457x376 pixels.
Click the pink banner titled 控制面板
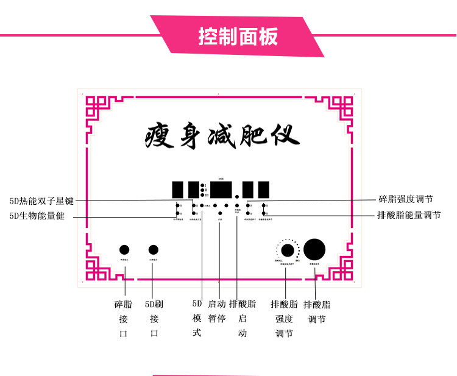coord(238,37)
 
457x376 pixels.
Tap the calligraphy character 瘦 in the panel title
coord(160,133)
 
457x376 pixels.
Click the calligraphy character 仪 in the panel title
coord(283,133)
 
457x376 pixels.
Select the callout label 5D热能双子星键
coord(41,200)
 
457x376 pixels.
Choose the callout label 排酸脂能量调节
coord(409,215)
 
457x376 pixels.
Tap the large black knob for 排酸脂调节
coord(315,249)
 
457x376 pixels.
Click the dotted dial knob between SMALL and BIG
coord(288,250)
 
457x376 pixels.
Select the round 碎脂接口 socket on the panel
coord(124,249)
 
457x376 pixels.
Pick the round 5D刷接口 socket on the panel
coord(154,249)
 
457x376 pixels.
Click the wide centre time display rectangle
coord(221,188)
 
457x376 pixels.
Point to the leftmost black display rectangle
coord(179,188)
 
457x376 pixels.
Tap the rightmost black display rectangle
coord(264,188)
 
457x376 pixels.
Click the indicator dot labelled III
coord(202,195)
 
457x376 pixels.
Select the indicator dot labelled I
coord(202,184)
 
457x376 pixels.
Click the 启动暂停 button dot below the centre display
coord(219,213)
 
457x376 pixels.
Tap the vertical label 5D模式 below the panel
coord(197,317)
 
